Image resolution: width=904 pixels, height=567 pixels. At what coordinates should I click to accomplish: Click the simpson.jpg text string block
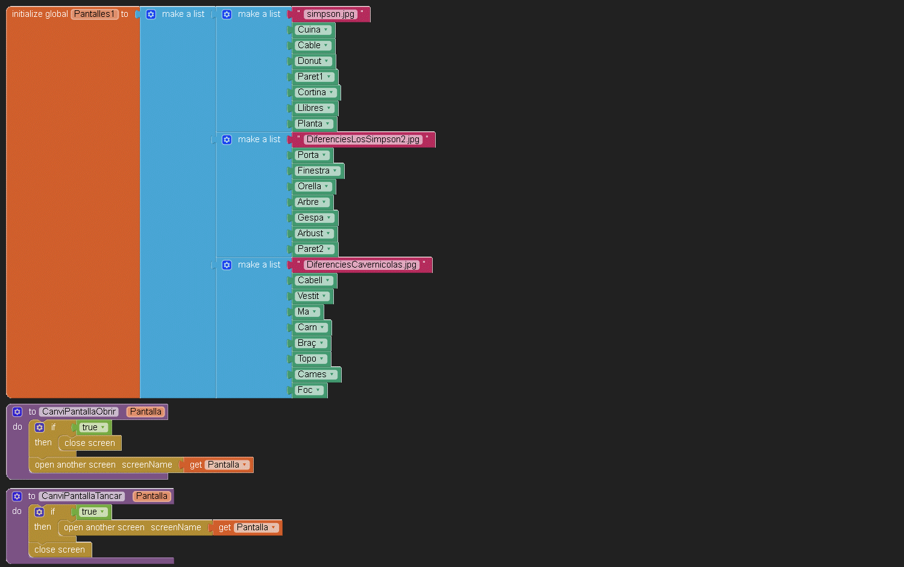pos(330,14)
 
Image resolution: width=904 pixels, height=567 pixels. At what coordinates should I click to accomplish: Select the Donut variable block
pos(313,61)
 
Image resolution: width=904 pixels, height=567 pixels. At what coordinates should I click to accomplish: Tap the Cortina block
pos(316,92)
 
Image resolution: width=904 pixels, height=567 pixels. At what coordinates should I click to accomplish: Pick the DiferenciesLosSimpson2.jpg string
pos(363,140)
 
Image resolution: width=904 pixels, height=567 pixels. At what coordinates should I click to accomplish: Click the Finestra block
pos(318,171)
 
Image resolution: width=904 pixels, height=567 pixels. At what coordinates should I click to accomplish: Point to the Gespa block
pos(315,218)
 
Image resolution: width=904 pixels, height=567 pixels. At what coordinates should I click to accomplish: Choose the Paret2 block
pos(315,249)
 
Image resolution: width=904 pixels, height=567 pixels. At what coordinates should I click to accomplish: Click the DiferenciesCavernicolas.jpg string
pos(361,265)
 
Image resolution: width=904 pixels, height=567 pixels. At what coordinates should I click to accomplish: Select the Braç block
pos(311,343)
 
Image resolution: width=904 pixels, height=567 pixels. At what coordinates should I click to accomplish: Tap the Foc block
pos(309,390)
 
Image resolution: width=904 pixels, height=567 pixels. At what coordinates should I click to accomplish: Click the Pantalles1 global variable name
pos(95,14)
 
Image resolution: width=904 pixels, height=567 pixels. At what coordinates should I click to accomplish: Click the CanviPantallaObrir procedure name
pos(79,412)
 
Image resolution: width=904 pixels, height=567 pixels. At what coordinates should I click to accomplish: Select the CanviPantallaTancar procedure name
pos(82,496)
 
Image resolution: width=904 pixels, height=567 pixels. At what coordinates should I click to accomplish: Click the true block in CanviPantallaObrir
pos(93,427)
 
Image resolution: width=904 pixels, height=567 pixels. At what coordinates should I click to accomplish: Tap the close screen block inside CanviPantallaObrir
pos(90,443)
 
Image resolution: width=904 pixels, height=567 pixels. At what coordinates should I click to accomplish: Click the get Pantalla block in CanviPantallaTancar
pos(247,527)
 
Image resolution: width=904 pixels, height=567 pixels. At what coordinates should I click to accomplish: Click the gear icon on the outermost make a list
pos(151,14)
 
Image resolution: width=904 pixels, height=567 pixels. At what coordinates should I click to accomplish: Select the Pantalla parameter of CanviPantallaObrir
pos(146,412)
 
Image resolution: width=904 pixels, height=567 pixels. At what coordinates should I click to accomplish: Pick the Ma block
pos(307,312)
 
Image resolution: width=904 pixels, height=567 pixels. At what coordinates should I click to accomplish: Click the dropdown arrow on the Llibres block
pos(329,108)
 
